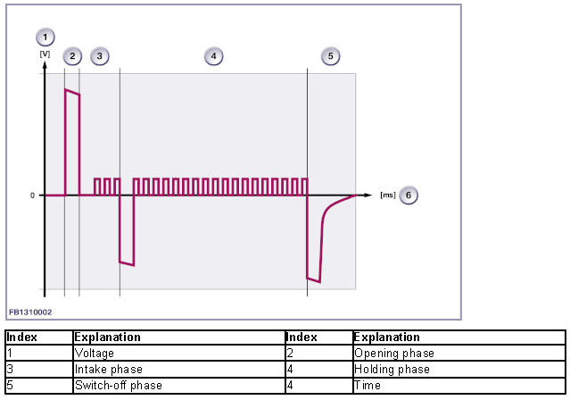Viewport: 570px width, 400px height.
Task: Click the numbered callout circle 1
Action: point(45,37)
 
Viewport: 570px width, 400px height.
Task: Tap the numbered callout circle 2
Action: point(72,56)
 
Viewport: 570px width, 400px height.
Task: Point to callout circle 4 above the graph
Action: point(212,56)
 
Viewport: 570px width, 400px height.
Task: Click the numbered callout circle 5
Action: point(331,56)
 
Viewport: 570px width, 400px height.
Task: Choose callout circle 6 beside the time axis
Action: point(409,195)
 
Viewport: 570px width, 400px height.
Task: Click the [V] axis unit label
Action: point(45,54)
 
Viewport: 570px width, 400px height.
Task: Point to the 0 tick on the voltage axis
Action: point(31,195)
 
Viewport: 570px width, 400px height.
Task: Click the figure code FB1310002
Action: point(30,312)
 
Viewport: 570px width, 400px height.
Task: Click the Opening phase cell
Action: point(392,354)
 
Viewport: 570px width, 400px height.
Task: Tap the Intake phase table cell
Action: point(108,369)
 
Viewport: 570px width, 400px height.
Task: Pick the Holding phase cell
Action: point(392,369)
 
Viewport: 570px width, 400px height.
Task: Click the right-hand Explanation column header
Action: point(386,337)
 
